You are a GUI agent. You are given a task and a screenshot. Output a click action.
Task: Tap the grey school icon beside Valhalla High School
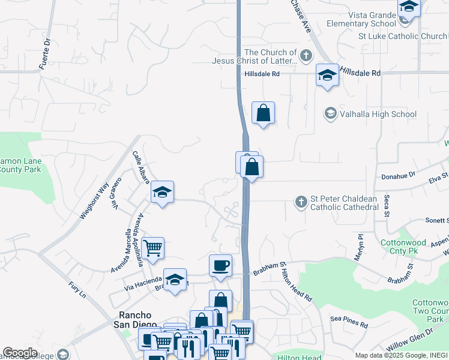tap(330, 113)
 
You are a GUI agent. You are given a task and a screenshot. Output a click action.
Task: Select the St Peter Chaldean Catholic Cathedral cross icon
tap(301, 202)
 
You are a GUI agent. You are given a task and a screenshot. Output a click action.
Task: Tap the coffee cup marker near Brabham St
tap(220, 265)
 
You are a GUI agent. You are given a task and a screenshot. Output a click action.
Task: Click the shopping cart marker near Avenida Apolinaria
tap(153, 247)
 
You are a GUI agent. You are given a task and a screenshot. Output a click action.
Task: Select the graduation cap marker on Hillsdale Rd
tap(327, 76)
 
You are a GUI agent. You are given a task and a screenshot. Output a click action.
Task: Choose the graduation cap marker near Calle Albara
tap(162, 193)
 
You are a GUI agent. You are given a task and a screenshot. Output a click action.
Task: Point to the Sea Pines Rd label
tap(349, 323)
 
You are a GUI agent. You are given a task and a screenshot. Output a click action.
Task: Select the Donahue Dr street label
tap(399, 176)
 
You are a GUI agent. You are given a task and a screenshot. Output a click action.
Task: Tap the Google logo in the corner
tap(20, 353)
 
